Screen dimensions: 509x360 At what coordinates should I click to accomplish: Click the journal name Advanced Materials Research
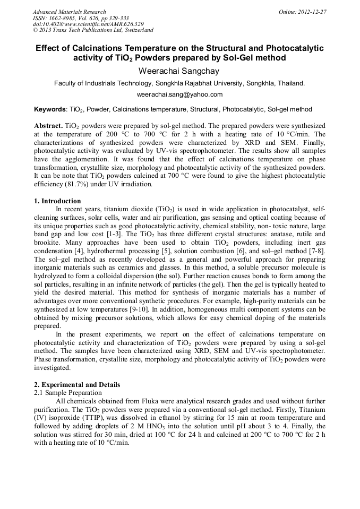(x=69, y=12)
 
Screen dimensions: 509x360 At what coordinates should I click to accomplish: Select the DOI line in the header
(x=88, y=24)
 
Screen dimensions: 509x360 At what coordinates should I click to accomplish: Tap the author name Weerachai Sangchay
(x=179, y=70)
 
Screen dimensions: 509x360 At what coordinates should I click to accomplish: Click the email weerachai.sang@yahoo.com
(x=179, y=94)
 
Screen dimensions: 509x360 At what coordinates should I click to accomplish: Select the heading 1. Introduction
(x=57, y=201)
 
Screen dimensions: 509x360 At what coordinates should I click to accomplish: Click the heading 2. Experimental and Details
(x=77, y=384)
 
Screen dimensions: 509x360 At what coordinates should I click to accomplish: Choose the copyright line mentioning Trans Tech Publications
(x=93, y=31)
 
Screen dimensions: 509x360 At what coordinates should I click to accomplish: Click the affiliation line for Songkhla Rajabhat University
(x=179, y=83)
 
